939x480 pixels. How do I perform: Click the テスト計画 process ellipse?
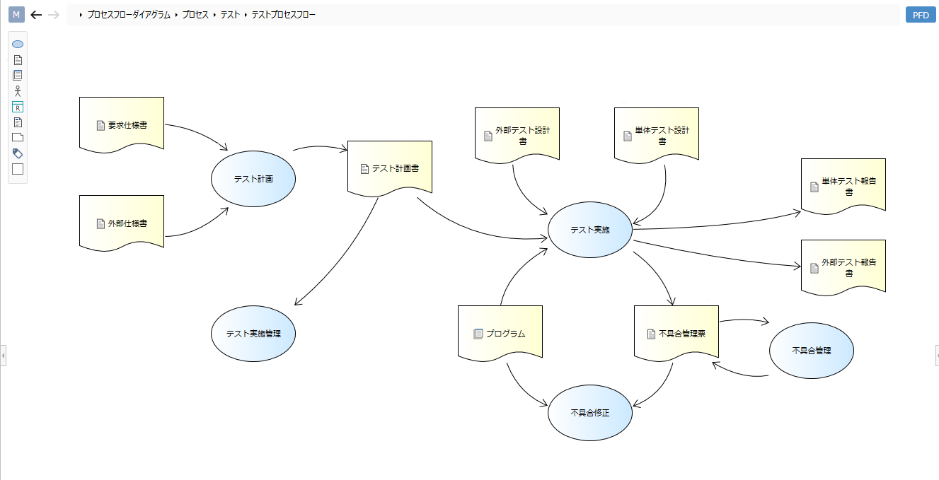click(x=253, y=179)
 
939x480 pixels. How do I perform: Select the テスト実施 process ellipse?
click(x=589, y=230)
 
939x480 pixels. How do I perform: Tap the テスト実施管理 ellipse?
click(x=253, y=334)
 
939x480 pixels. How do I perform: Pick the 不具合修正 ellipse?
click(x=589, y=413)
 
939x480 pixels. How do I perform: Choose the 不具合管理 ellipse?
click(x=811, y=351)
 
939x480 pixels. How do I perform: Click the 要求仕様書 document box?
click(x=122, y=124)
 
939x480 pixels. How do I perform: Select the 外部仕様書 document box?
click(x=122, y=223)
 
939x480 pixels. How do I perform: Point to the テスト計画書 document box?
click(x=389, y=168)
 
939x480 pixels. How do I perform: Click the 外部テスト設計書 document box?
click(x=517, y=134)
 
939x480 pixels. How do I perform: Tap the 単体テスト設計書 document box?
click(x=656, y=134)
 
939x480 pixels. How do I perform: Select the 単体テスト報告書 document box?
click(x=843, y=185)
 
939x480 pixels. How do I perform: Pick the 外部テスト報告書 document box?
click(x=843, y=267)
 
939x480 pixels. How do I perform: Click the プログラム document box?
click(x=500, y=333)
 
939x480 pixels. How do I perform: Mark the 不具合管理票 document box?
click(x=676, y=333)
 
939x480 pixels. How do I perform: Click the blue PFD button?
click(x=921, y=15)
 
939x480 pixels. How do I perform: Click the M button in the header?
click(x=16, y=15)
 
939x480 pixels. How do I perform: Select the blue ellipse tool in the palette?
click(x=18, y=45)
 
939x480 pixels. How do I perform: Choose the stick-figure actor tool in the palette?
click(x=18, y=91)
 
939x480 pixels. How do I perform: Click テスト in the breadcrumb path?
click(x=230, y=15)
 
